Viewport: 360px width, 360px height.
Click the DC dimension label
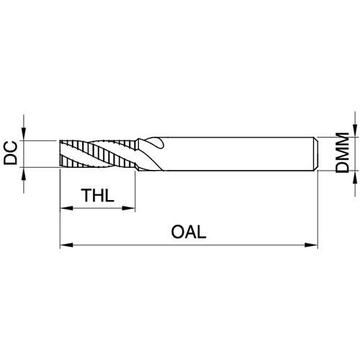tap(11, 153)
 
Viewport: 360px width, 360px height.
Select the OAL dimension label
tap(189, 232)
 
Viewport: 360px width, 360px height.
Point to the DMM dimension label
tap(342, 152)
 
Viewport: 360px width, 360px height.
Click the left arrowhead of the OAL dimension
tap(66, 245)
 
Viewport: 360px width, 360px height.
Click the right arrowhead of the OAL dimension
tap(311, 245)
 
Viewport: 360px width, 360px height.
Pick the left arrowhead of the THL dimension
tap(66, 208)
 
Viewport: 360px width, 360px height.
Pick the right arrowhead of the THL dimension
tap(129, 208)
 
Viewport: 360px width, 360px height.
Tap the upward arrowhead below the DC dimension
tap(24, 174)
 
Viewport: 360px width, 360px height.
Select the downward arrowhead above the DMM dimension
tap(355, 130)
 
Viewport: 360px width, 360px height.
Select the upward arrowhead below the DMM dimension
tap(355, 177)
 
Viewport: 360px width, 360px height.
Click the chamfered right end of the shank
tap(316, 154)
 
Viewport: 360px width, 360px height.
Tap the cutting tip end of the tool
tap(60, 153)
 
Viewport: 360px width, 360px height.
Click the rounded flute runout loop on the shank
tap(156, 142)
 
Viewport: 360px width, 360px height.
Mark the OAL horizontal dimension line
tap(189, 245)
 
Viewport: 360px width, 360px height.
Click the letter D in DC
tap(11, 159)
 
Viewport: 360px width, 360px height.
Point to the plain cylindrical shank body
tap(238, 154)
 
